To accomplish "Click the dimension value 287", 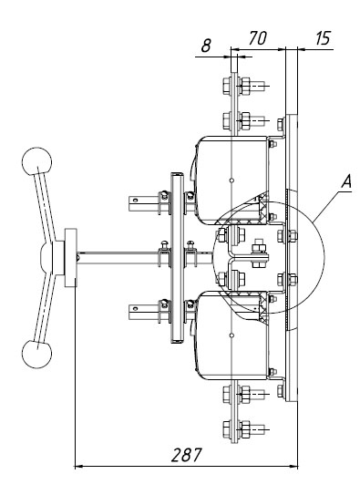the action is tap(186, 455).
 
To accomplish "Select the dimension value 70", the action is tap(257, 38).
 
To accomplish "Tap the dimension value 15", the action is tap(323, 38).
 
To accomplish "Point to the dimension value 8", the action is tap(206, 46).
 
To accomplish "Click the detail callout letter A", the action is tap(346, 182).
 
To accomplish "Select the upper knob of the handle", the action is tap(37, 161).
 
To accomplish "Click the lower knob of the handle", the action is tap(37, 354).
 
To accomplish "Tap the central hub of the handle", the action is tap(47, 258).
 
